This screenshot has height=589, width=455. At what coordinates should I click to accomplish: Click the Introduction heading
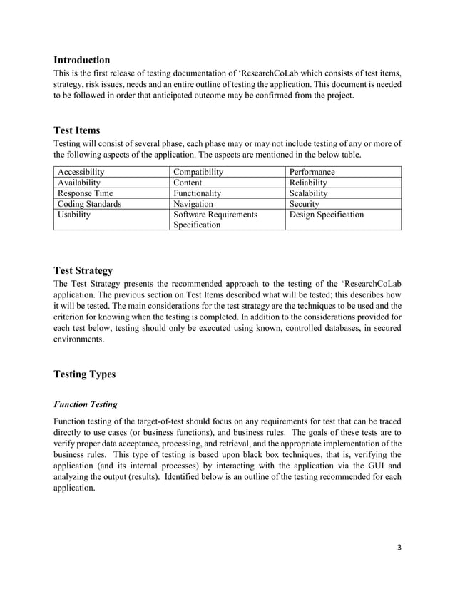point(82,60)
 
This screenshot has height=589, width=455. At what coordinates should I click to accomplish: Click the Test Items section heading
point(77,130)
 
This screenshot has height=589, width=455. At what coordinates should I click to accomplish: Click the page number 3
point(399,548)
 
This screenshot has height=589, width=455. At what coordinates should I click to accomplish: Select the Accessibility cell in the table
point(81,172)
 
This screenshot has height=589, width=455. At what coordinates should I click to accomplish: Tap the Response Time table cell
point(86,193)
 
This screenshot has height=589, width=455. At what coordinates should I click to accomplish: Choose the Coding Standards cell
point(90,203)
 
